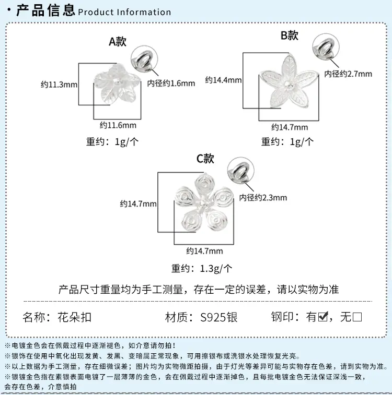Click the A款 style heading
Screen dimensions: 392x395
[118, 42]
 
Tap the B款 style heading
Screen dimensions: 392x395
[290, 35]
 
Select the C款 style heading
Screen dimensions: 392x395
[205, 159]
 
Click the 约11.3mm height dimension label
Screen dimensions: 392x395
[59, 85]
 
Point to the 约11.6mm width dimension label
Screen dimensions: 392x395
[118, 125]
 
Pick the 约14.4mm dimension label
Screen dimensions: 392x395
[223, 80]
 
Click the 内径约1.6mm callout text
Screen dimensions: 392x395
[171, 83]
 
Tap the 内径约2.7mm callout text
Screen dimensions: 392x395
[348, 74]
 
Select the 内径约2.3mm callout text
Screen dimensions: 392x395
[263, 197]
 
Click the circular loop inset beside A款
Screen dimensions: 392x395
[144, 59]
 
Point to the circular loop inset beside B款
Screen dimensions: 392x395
[326, 47]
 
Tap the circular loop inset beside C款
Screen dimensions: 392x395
[240, 171]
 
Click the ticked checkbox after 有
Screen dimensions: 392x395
[323, 316]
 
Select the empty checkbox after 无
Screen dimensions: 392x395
[357, 317]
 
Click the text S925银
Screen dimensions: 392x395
[219, 317]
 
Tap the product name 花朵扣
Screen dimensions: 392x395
[74, 317]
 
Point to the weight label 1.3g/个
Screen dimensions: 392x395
[216, 269]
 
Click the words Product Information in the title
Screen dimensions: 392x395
[124, 12]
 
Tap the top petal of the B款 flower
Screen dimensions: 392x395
[290, 67]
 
